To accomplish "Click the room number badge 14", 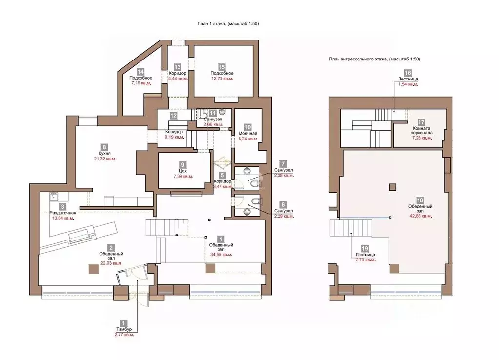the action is [x=140, y=72].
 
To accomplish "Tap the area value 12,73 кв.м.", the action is [x=222, y=79].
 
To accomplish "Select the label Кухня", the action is [x=104, y=154].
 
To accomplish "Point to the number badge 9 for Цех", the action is [x=182, y=165].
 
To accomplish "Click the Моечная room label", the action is [x=248, y=133].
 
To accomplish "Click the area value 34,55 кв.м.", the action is [x=221, y=255].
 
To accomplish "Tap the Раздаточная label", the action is [x=63, y=213].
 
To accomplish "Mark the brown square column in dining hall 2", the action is [x=94, y=269].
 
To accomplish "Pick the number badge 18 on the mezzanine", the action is [x=420, y=200].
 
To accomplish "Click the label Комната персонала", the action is [x=421, y=131].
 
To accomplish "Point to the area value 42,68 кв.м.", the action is [x=420, y=216].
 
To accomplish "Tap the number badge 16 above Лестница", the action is [x=408, y=73].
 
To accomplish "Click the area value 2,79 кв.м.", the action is [x=365, y=260].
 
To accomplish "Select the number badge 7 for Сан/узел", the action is [x=283, y=164].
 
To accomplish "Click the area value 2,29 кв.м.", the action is [x=283, y=216].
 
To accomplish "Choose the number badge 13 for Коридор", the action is [x=177, y=67].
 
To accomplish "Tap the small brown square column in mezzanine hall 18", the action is [x=393, y=187].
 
